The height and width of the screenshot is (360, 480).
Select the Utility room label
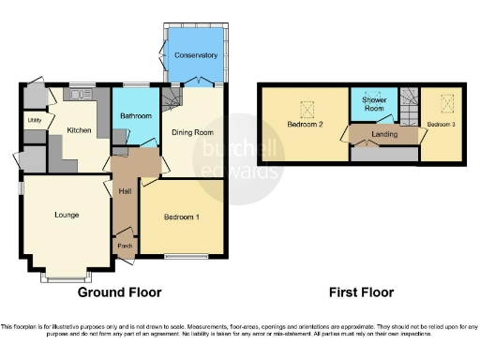click(x=34, y=120)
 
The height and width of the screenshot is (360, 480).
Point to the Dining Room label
click(x=192, y=132)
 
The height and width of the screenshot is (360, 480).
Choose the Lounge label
click(x=66, y=215)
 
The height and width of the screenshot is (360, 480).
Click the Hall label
click(x=125, y=191)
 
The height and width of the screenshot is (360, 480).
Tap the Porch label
click(x=124, y=246)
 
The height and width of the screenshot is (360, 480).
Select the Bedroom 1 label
click(x=182, y=216)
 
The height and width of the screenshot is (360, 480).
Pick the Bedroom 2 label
click(x=306, y=125)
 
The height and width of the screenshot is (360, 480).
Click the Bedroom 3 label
click(x=441, y=124)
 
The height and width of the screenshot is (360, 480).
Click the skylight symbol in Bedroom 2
click(x=307, y=105)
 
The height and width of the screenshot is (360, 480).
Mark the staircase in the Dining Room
click(x=172, y=97)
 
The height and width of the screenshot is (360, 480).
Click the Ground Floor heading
click(x=119, y=292)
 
